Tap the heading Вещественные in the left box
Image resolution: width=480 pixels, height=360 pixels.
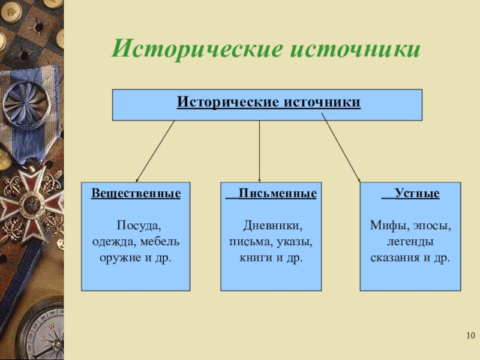(136, 194)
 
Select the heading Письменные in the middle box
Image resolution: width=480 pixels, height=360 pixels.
(277, 194)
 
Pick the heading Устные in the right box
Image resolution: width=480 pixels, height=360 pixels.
(419, 194)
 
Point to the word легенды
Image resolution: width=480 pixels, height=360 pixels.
(410, 242)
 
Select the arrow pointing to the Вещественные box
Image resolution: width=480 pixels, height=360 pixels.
(155, 151)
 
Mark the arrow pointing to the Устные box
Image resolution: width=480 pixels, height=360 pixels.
(341, 150)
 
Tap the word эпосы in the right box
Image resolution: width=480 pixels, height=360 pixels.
(431, 226)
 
